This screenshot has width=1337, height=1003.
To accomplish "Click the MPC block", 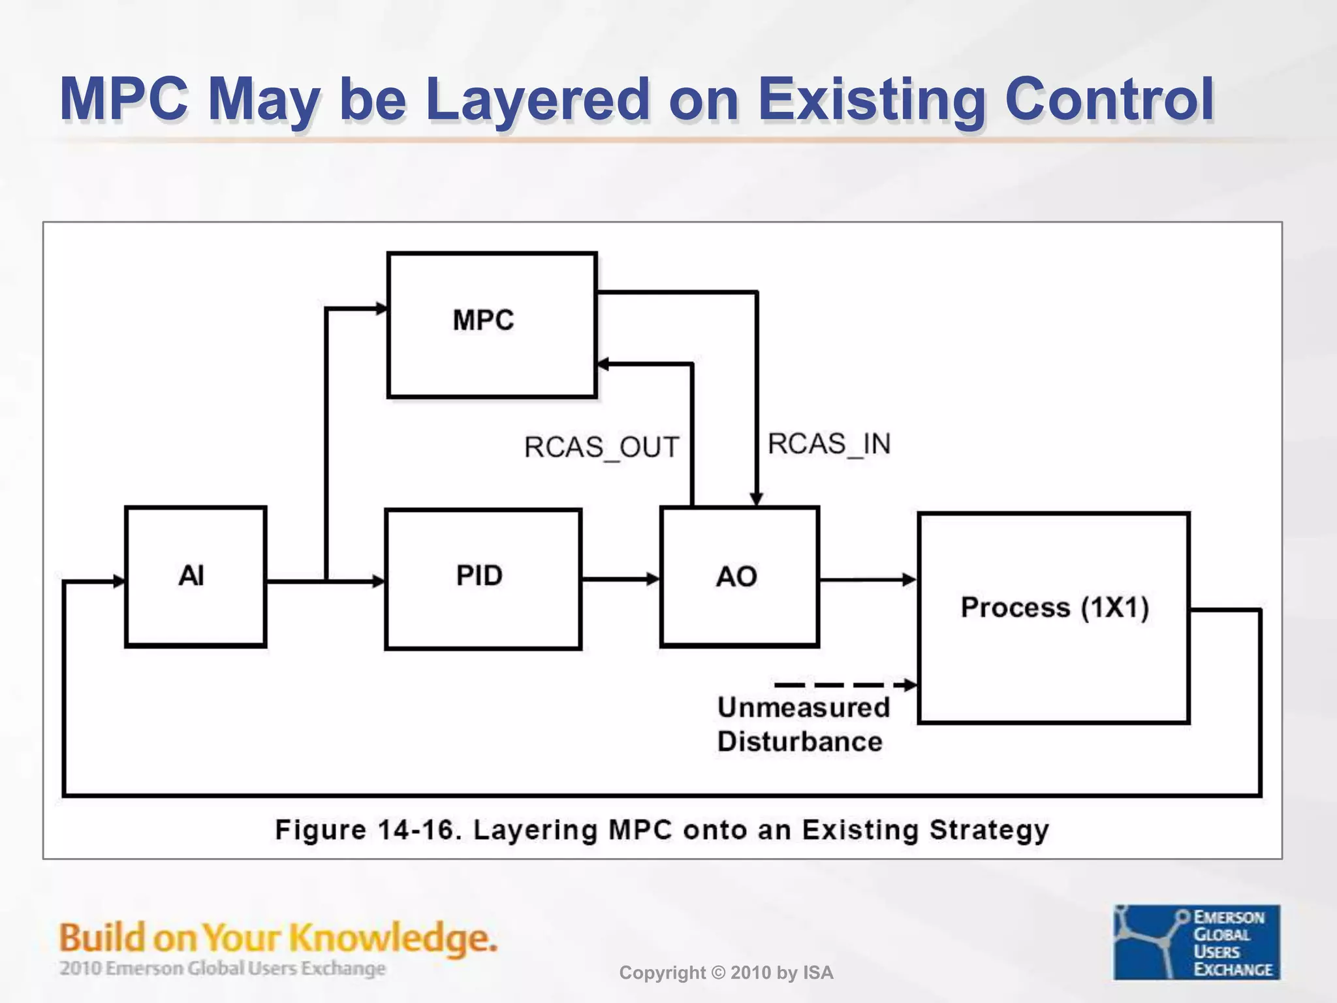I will pyautogui.click(x=492, y=325).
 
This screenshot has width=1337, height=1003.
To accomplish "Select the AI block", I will pyautogui.click(x=195, y=577).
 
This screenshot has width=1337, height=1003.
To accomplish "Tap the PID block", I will pyautogui.click(x=482, y=579).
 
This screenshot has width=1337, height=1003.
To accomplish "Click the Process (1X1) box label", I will pyautogui.click(x=1054, y=607).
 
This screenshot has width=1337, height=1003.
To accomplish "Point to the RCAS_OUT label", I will pyautogui.click(x=601, y=448).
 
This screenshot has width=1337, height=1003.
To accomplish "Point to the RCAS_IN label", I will pyautogui.click(x=828, y=444).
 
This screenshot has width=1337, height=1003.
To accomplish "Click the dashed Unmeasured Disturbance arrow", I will pyautogui.click(x=842, y=685).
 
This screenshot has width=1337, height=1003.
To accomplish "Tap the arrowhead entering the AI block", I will pyautogui.click(x=119, y=581).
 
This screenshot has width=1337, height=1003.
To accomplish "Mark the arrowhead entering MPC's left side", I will pyautogui.click(x=381, y=308).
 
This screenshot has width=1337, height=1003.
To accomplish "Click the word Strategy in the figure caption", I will pyautogui.click(x=988, y=831).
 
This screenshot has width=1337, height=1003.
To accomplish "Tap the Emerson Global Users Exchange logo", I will pyautogui.click(x=1196, y=942).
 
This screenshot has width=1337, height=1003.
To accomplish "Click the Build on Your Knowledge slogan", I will pyautogui.click(x=278, y=938).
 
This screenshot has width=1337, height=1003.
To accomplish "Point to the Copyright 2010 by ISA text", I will pyautogui.click(x=726, y=972).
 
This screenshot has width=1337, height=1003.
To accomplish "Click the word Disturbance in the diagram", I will pyautogui.click(x=799, y=742).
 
